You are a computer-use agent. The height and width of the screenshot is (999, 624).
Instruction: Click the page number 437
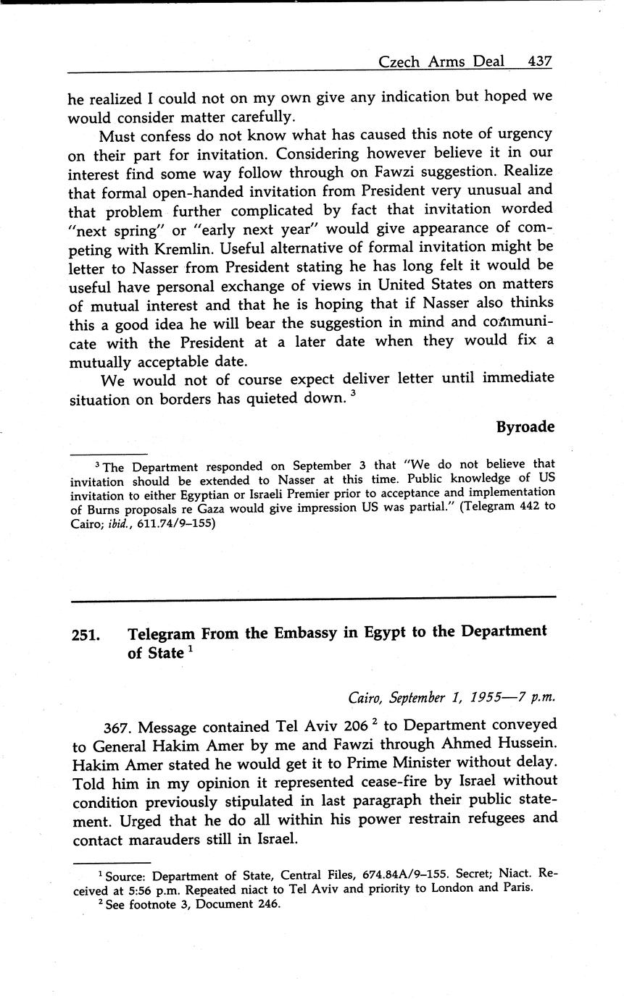click(541, 62)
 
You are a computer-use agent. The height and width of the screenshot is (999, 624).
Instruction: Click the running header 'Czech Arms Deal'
click(441, 62)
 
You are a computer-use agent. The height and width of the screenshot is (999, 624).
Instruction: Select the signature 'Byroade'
click(525, 427)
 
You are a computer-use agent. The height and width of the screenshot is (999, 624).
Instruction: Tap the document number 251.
click(86, 635)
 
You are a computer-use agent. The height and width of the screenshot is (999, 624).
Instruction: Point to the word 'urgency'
click(523, 135)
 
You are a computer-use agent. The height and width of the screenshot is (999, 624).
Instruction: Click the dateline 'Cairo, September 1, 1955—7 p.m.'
click(451, 698)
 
